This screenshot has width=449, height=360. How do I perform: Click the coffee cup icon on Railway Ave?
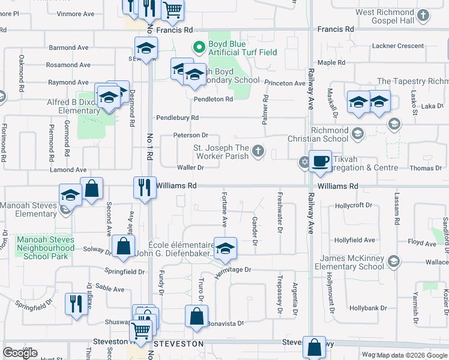point(321,161)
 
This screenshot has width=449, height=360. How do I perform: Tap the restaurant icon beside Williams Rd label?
point(145,187)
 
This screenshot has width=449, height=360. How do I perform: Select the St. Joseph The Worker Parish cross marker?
point(258,150)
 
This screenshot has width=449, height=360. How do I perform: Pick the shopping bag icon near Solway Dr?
point(123,246)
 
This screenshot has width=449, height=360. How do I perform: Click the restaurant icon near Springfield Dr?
point(76,304)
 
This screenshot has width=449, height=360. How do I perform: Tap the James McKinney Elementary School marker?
point(393,261)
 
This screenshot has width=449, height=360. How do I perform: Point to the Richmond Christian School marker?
point(358,133)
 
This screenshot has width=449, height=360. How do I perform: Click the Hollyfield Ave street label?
point(355,240)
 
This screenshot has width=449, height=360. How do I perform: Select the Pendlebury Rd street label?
point(178,118)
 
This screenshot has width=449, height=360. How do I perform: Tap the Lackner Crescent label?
point(398,46)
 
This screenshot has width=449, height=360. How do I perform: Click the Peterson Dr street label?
point(191,136)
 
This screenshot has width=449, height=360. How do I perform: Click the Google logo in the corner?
point(20,353)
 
